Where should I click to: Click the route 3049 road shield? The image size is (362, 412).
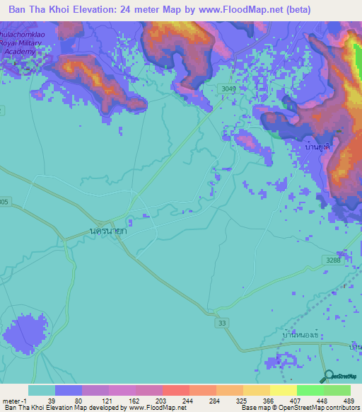[228, 88]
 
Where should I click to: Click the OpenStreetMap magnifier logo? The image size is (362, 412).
[329, 376]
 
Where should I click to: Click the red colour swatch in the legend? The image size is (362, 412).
[176, 390]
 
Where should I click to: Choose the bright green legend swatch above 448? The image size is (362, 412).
[310, 390]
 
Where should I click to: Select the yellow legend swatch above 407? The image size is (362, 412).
[284, 390]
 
